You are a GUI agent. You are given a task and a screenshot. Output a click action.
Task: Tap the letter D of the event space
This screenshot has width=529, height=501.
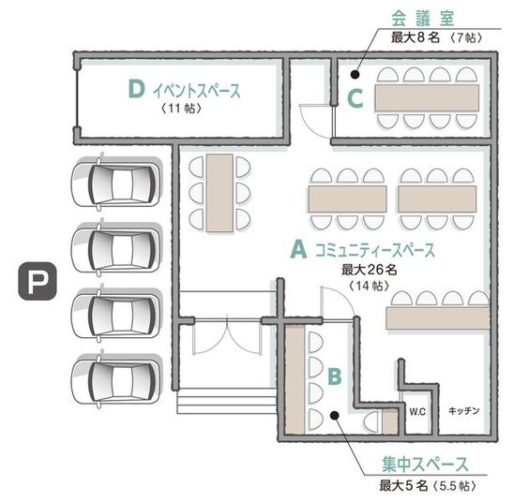click(136, 90)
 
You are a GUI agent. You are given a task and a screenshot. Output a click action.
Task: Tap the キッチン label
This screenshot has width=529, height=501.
click(464, 410)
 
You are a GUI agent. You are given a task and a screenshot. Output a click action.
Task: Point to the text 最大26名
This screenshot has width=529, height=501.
click(370, 270)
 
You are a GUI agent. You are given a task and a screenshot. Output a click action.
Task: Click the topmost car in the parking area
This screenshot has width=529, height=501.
click(117, 183)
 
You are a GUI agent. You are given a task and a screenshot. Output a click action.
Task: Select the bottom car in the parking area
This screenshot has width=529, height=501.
click(117, 377)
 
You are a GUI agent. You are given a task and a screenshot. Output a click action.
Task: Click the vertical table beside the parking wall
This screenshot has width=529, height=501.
click(219, 192)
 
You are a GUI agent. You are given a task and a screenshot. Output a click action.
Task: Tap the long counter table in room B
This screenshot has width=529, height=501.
click(294, 379)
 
